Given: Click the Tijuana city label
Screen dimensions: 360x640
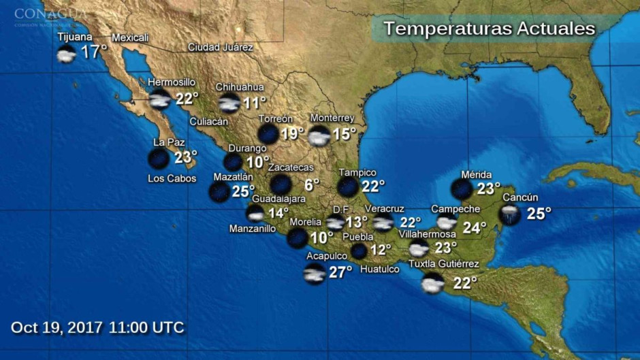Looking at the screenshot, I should click(x=74, y=37).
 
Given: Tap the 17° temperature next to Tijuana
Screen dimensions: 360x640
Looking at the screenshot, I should click(x=94, y=52).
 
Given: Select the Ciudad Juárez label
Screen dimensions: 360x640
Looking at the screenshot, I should click(x=221, y=48).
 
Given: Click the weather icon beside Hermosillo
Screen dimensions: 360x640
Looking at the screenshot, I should click(x=160, y=100).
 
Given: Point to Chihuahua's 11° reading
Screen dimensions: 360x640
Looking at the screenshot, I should click(x=255, y=103).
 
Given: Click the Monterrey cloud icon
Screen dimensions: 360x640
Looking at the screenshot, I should click(x=319, y=135).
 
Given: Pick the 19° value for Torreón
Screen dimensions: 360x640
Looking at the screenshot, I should click(x=292, y=133).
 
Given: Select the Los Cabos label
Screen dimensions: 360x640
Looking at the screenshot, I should click(x=172, y=179).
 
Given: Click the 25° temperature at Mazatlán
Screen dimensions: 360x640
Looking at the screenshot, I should click(x=243, y=191).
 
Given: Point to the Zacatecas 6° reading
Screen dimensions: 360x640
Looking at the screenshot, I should click(x=311, y=184).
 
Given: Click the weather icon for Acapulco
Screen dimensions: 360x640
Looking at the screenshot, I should click(x=314, y=274).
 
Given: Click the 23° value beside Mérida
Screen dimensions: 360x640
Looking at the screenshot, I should click(x=488, y=189).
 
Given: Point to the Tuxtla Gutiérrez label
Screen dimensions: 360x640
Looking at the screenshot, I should click(x=443, y=264).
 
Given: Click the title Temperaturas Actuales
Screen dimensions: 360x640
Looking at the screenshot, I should click(x=489, y=29).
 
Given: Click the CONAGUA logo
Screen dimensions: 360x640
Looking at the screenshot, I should click(x=50, y=14).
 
